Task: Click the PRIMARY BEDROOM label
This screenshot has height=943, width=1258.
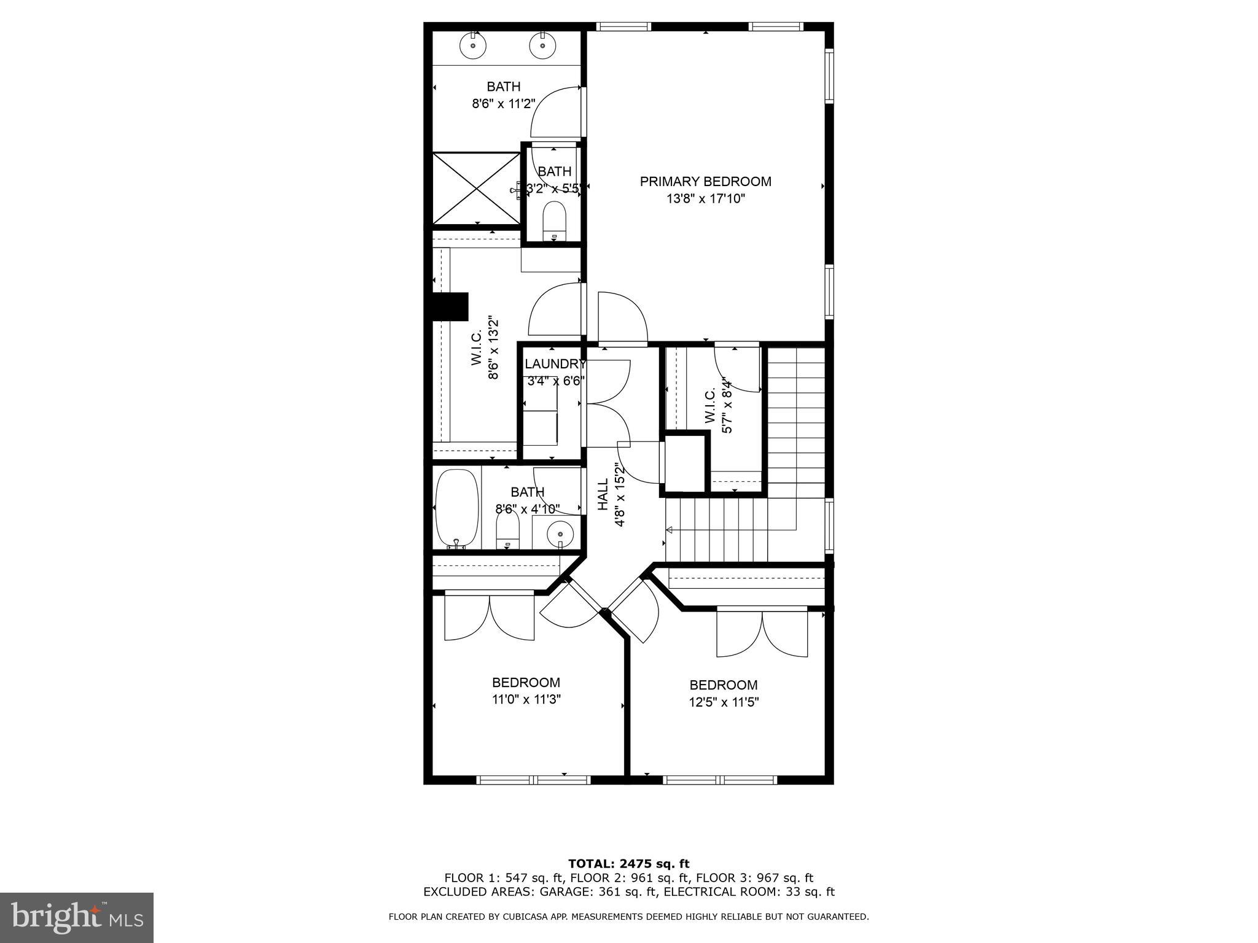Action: (x=705, y=182)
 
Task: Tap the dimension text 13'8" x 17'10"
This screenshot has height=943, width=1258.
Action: (x=705, y=199)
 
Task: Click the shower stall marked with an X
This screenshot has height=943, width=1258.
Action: (x=476, y=188)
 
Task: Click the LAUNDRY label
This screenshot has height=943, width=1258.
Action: (x=555, y=364)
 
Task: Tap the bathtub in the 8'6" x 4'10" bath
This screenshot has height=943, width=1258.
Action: (x=456, y=509)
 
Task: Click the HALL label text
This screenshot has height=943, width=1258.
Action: (x=603, y=495)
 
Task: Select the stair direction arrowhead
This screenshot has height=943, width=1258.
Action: (x=670, y=530)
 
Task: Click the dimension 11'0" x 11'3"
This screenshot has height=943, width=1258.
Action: (x=526, y=699)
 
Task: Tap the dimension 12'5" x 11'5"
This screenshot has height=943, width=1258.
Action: (x=724, y=702)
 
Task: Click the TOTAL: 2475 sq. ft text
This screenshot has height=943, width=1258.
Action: (x=628, y=864)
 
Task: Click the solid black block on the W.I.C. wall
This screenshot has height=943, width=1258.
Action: (x=450, y=306)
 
